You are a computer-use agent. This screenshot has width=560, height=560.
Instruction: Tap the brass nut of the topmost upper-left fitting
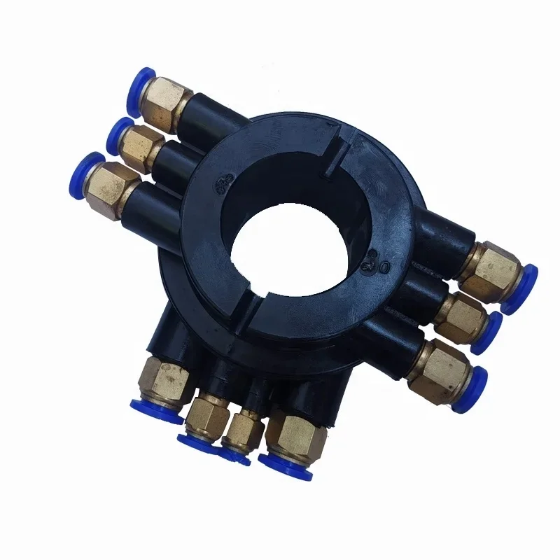coord(169,101)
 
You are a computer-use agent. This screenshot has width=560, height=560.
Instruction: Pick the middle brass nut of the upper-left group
coord(144,143)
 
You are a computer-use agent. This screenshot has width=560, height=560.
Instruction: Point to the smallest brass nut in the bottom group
coord(241,428)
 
